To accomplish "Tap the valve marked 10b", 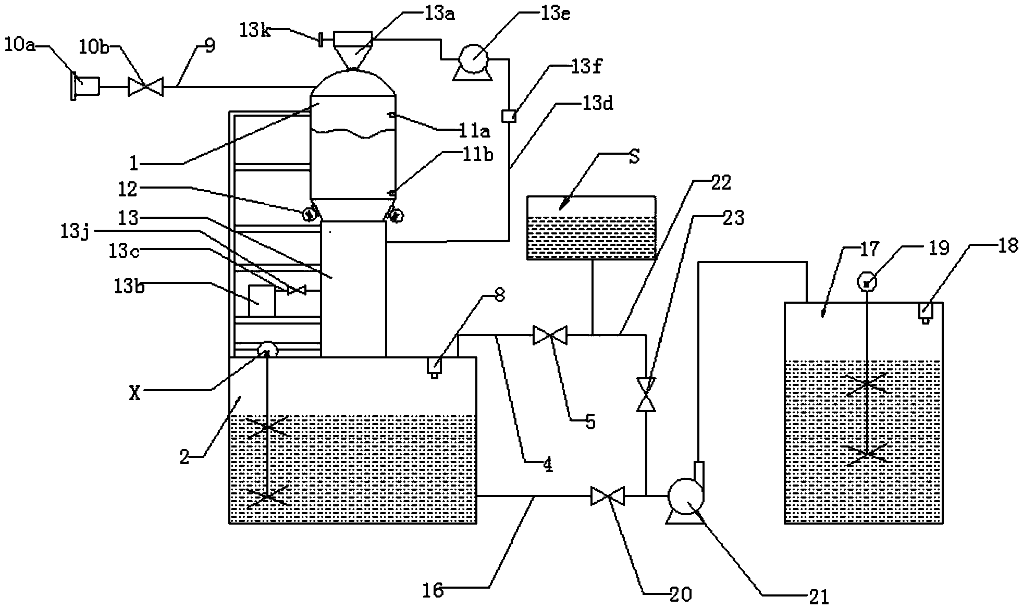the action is pyautogui.click(x=145, y=86).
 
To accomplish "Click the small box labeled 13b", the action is pyautogui.click(x=262, y=301).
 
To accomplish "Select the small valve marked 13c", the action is pyautogui.click(x=297, y=290).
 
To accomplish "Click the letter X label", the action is pyautogui.click(x=135, y=394).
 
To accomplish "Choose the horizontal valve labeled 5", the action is pyautogui.click(x=550, y=335).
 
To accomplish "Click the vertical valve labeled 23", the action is pyautogui.click(x=646, y=394).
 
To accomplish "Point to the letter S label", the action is pyautogui.click(x=634, y=157).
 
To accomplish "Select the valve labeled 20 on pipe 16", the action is pyautogui.click(x=607, y=495).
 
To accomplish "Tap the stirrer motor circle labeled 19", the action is pyautogui.click(x=866, y=283).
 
